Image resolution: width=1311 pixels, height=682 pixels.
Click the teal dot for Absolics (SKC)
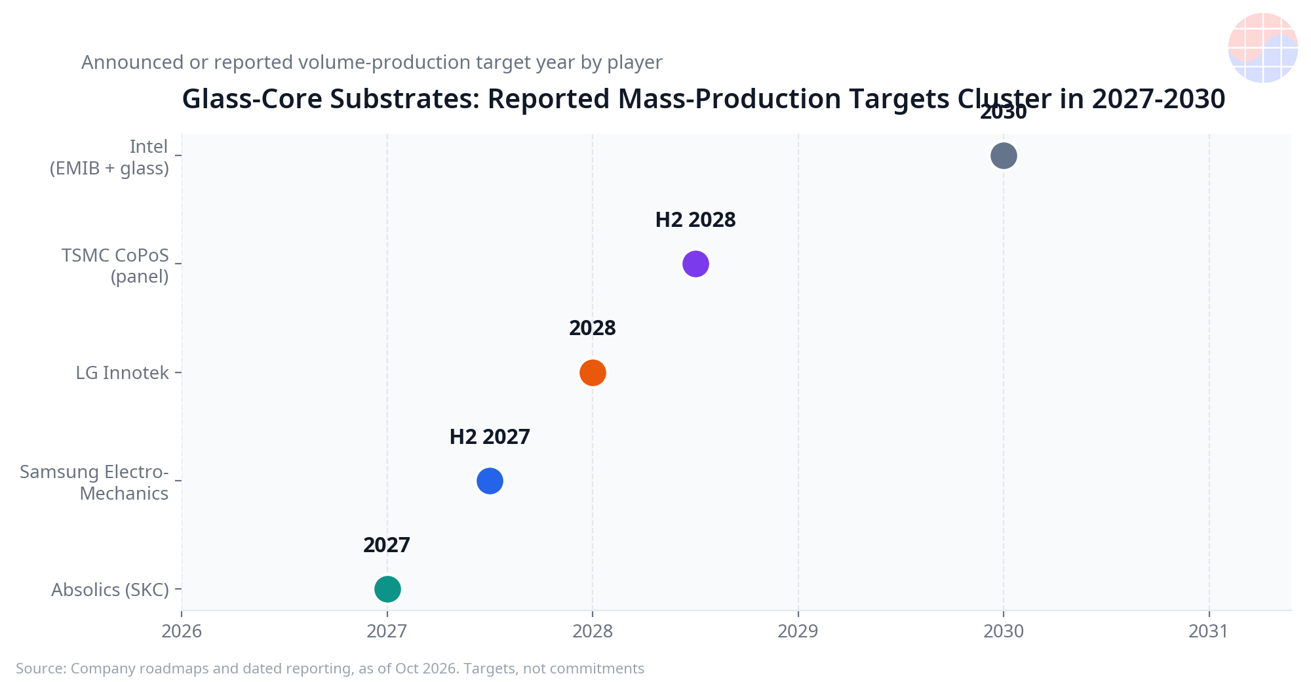pyautogui.click(x=387, y=589)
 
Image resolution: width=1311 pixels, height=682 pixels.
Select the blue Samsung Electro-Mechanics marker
pyautogui.click(x=490, y=481)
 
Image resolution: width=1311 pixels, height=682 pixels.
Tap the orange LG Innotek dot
pyautogui.click(x=593, y=372)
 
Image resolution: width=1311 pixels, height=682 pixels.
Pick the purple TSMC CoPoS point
pyautogui.click(x=695, y=264)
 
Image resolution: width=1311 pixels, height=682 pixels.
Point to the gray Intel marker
pyautogui.click(x=1004, y=155)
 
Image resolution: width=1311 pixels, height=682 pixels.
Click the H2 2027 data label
pyautogui.click(x=490, y=437)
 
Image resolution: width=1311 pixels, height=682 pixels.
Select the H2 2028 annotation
pyautogui.click(x=695, y=220)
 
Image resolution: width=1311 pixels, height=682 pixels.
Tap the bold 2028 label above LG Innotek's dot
pyautogui.click(x=593, y=328)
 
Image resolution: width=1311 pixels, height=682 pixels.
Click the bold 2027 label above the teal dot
pyautogui.click(x=387, y=545)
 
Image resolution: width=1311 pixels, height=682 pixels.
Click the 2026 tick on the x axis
pyautogui.click(x=182, y=631)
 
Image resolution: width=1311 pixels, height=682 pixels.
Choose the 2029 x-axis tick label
pyautogui.click(x=798, y=631)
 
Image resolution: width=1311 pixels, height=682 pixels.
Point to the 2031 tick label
pyautogui.click(x=1209, y=631)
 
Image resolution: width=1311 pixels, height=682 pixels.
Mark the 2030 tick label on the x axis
pyautogui.click(x=1004, y=631)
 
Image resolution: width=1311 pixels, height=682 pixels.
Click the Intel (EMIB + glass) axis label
pyautogui.click(x=109, y=157)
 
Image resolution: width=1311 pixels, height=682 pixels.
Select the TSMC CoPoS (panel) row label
pyautogui.click(x=115, y=266)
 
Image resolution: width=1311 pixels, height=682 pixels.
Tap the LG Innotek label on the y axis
pyautogui.click(x=122, y=372)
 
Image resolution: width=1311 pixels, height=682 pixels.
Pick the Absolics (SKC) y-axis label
pyautogui.click(x=110, y=590)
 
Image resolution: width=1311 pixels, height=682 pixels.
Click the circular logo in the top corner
pyautogui.click(x=1262, y=48)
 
